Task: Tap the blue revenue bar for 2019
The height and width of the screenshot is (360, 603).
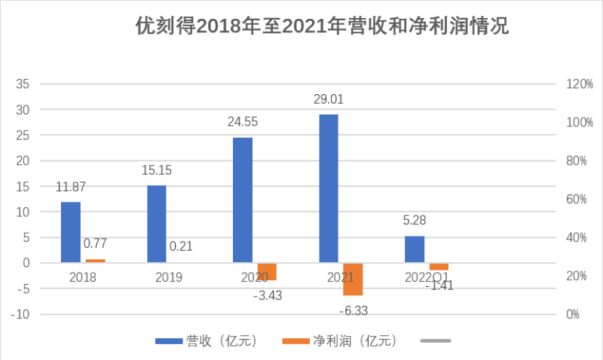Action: (157, 224)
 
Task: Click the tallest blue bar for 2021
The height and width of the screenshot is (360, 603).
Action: (329, 188)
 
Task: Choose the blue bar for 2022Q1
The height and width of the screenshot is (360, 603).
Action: (415, 249)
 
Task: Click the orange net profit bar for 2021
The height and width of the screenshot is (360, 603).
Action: (353, 279)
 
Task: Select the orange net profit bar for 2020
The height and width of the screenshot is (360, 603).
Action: (267, 271)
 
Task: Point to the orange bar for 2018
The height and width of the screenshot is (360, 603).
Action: (95, 261)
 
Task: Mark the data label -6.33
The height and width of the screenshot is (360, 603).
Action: (353, 310)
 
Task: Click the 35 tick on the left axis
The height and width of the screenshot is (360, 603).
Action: (23, 84)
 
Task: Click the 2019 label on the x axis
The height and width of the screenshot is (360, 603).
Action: (169, 277)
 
